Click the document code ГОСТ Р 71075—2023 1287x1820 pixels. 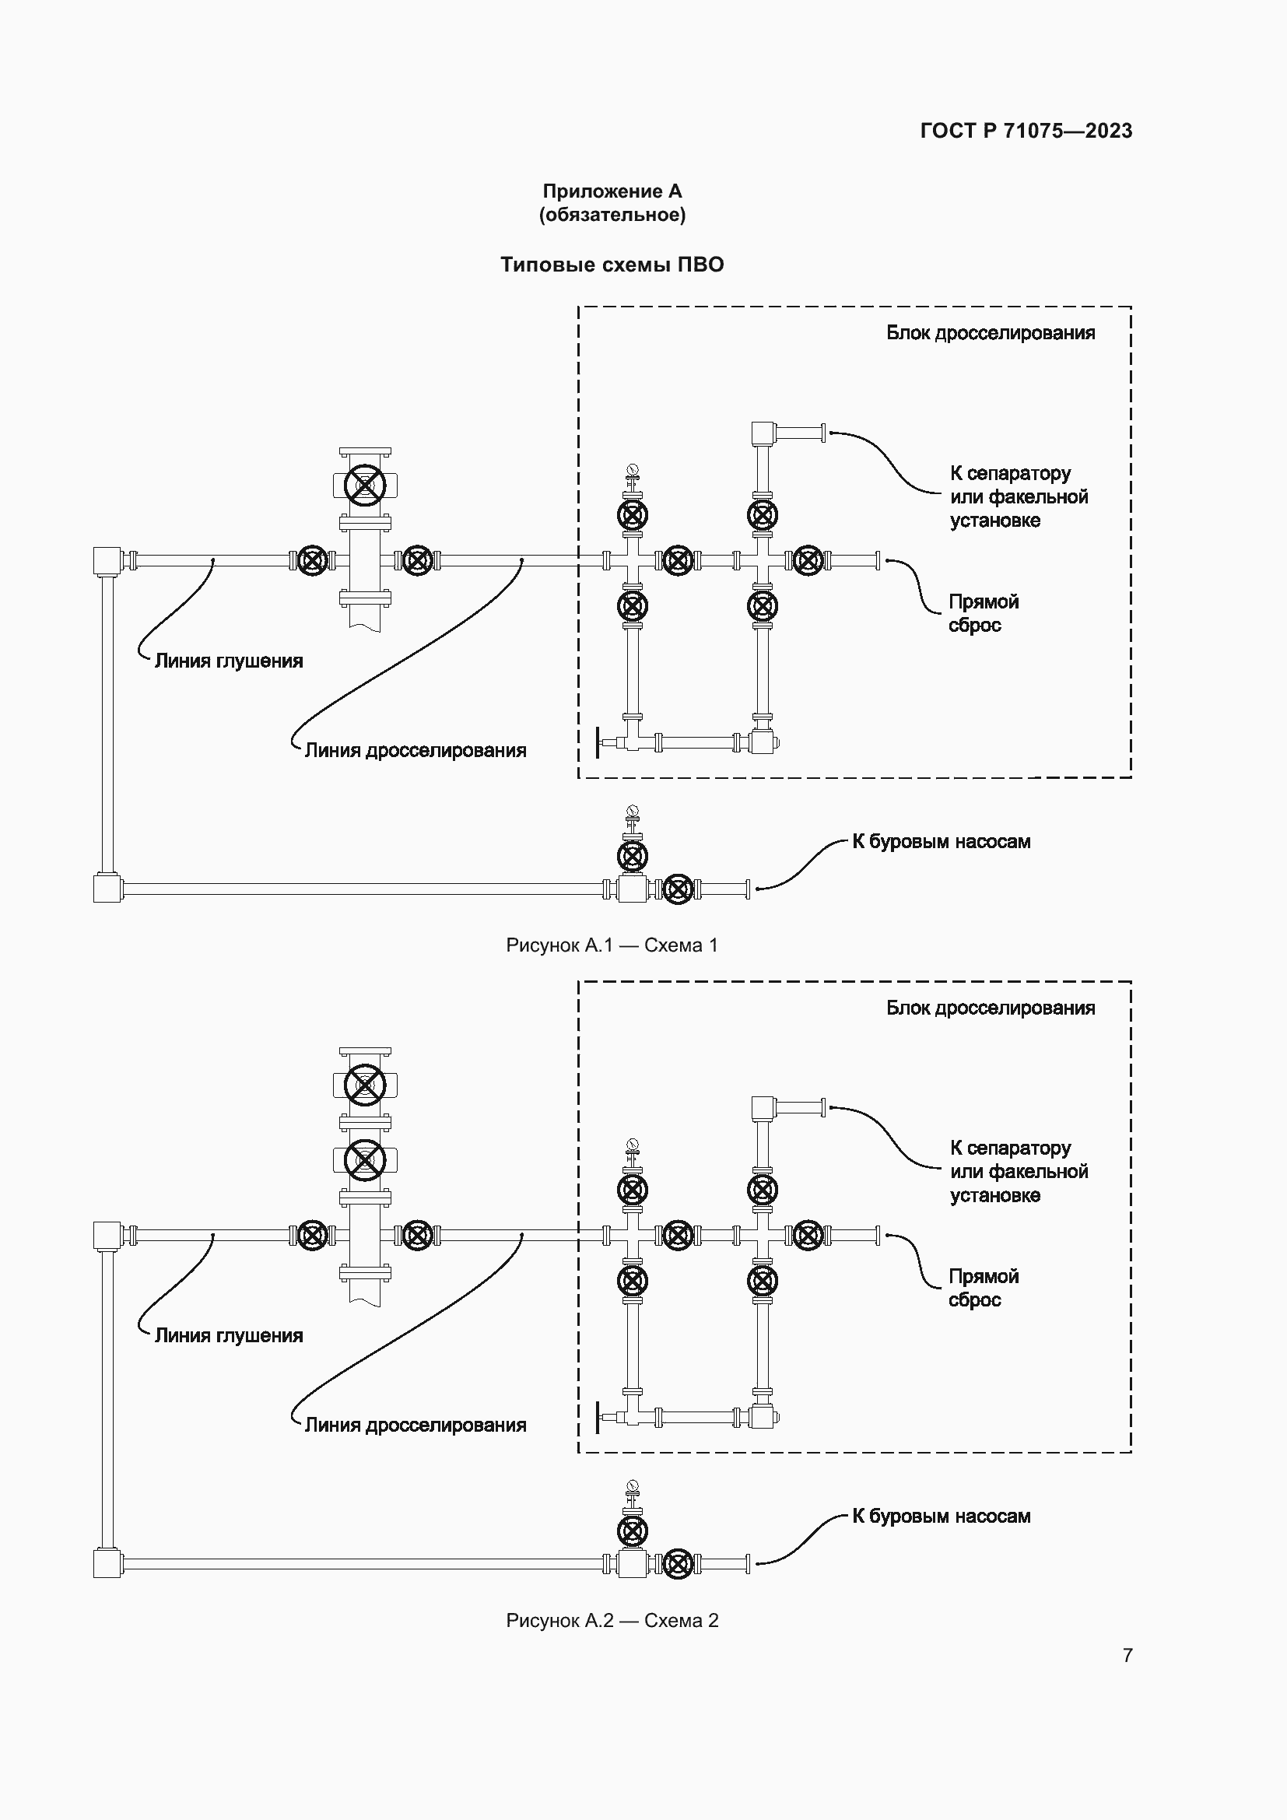[1026, 131]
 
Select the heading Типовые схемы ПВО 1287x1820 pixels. [612, 265]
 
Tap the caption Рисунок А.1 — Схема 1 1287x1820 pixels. [612, 945]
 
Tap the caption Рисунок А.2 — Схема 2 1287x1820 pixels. [612, 1620]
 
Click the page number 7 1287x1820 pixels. [1127, 1655]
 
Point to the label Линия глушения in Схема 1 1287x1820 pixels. [228, 661]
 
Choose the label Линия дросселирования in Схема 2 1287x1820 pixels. [416, 1425]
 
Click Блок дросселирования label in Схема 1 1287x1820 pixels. [990, 333]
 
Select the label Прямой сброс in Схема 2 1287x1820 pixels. [983, 1288]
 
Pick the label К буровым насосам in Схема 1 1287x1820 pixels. [941, 842]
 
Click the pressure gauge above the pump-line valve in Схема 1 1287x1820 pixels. [632, 811]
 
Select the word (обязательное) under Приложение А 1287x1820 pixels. [612, 215]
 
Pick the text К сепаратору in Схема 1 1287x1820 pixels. [1010, 473]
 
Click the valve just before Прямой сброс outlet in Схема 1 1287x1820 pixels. [808, 560]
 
